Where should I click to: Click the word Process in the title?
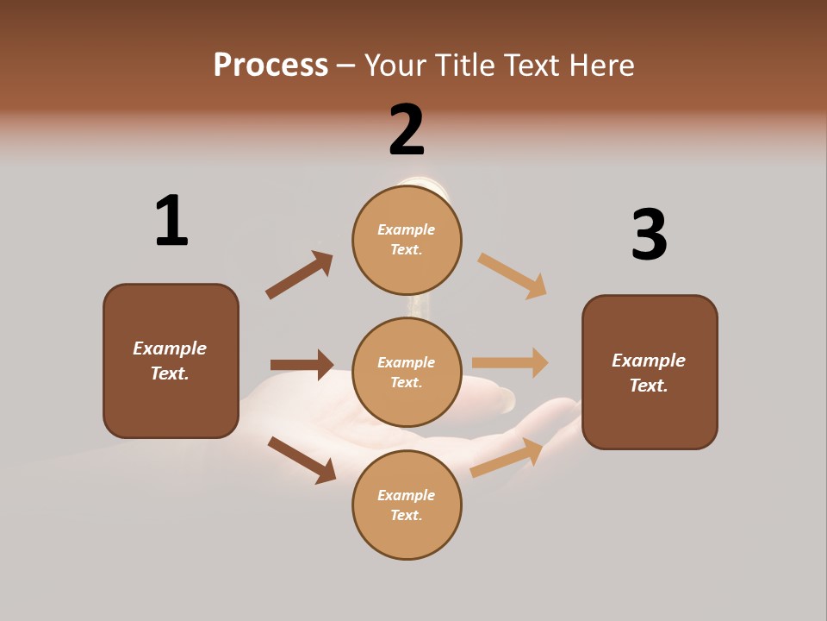[270, 66]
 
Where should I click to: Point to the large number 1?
[171, 221]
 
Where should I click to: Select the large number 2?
[407, 130]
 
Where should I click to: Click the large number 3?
[649, 235]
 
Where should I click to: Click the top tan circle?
[407, 239]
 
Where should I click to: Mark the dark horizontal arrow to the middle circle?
[302, 365]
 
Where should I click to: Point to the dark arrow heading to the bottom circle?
[302, 460]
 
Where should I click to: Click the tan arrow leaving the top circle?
[513, 276]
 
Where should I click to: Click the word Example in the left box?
[170, 348]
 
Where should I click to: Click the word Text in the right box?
[648, 386]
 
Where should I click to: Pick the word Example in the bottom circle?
[406, 495]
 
